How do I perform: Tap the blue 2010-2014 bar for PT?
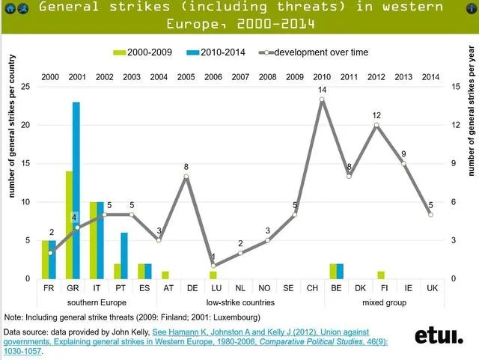[x=124, y=255]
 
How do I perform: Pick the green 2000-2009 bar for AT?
[x=165, y=275]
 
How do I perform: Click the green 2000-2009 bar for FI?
[x=381, y=275]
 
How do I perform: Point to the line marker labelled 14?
[x=322, y=99]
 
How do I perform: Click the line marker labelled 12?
[x=376, y=125]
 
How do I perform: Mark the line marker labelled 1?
[x=213, y=266]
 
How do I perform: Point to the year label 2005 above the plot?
[x=186, y=77]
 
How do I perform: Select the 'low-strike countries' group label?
[x=240, y=302]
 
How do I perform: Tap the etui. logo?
[x=439, y=336]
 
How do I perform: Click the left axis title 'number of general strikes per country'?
[x=13, y=142]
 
